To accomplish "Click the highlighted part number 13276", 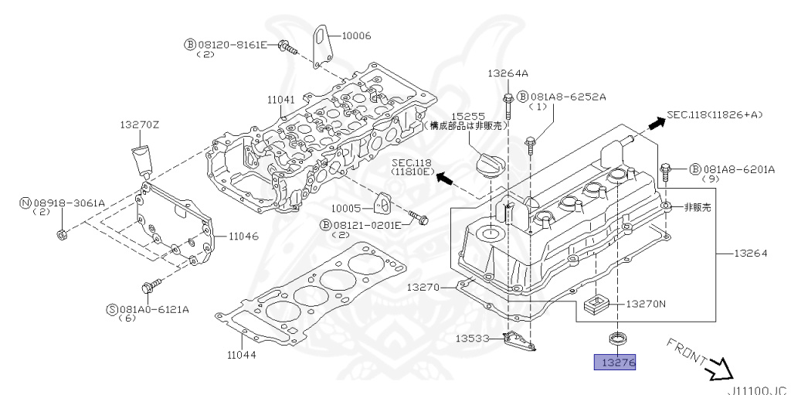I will pyautogui.click(x=614, y=362).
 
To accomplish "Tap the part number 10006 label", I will pyautogui.click(x=356, y=35).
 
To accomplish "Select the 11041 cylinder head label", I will pyautogui.click(x=282, y=100).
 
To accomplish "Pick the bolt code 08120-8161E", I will pyautogui.click(x=231, y=45).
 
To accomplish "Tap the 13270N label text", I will pyautogui.click(x=645, y=304).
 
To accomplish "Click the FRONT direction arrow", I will pyautogui.click(x=722, y=369).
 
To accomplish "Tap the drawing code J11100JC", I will pyautogui.click(x=758, y=390).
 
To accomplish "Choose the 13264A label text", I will pyautogui.click(x=508, y=74).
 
